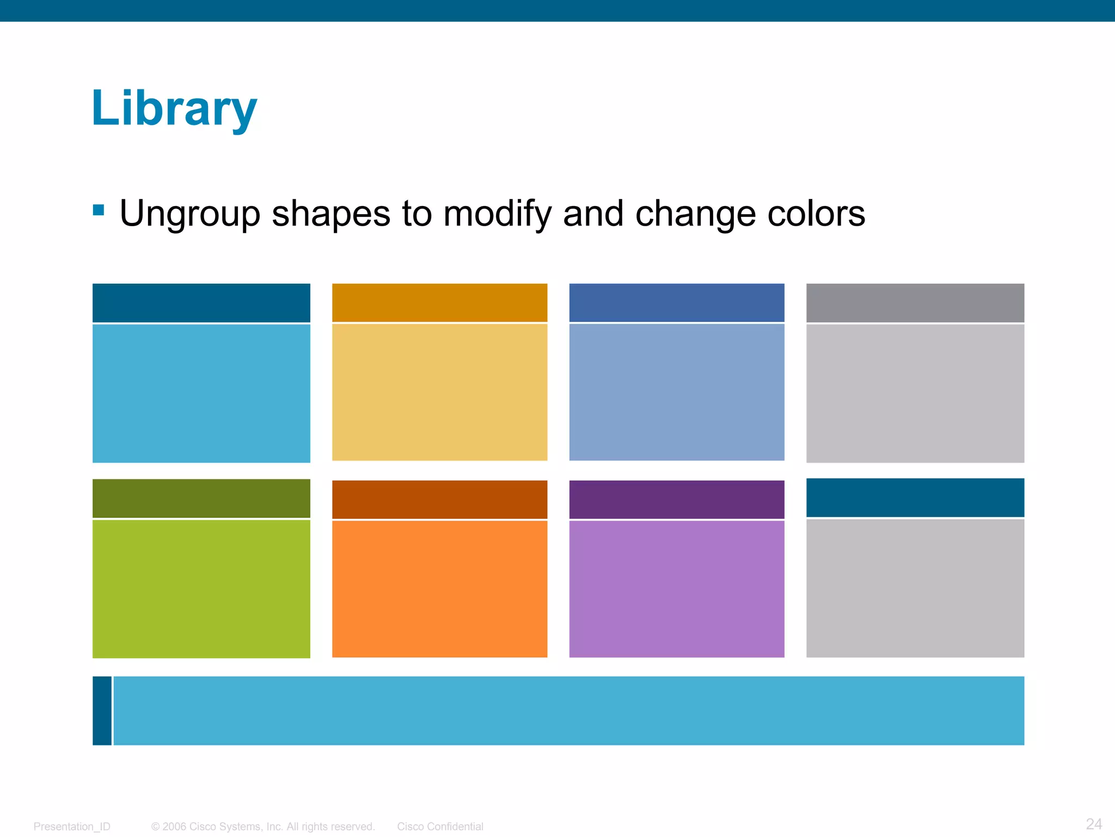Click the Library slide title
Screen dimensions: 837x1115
click(x=174, y=109)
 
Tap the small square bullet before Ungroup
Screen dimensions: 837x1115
click(x=99, y=210)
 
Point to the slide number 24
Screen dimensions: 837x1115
click(x=1094, y=824)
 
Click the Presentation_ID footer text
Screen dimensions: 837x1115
click(x=72, y=827)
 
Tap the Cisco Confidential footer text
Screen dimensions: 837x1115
click(x=440, y=827)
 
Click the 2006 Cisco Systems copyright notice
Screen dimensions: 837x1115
click(x=263, y=827)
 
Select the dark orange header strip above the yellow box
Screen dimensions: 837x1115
click(x=439, y=302)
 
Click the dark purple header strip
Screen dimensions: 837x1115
click(x=677, y=499)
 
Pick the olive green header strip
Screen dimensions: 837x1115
click(x=201, y=498)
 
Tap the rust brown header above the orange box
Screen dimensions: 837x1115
click(x=439, y=499)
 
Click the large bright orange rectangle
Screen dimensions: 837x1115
click(x=439, y=589)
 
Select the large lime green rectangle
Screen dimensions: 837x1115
click(x=201, y=589)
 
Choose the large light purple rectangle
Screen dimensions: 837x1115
click(x=677, y=589)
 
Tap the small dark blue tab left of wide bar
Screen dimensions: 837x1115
click(x=102, y=711)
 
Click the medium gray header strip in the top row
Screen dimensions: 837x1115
click(x=915, y=302)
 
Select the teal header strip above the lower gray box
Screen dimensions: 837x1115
click(x=915, y=498)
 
